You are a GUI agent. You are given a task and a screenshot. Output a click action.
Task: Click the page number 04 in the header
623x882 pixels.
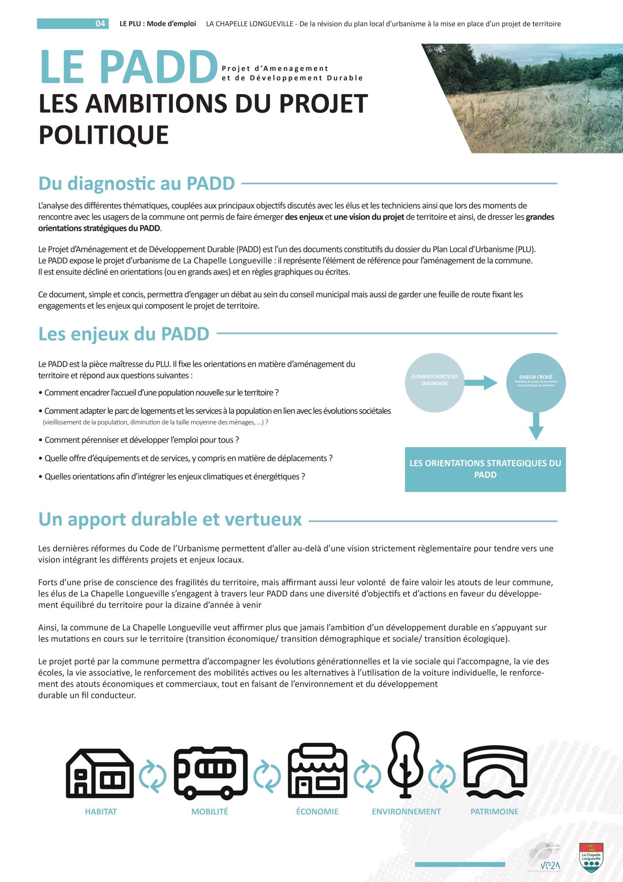(x=100, y=24)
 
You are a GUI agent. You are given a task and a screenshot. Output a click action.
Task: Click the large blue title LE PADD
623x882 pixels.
(x=129, y=67)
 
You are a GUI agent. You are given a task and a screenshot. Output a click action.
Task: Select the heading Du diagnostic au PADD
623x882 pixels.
(x=137, y=184)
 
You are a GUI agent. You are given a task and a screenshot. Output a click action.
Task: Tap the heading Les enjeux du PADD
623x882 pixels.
(x=124, y=334)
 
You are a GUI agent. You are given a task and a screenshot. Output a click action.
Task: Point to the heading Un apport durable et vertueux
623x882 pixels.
(x=170, y=519)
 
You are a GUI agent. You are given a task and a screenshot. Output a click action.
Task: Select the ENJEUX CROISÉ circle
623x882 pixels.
(x=536, y=383)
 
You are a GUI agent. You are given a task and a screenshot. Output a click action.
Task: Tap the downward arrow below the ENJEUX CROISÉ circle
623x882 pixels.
(x=536, y=427)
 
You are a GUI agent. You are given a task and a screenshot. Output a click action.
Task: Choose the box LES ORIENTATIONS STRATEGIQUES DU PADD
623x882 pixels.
(x=485, y=469)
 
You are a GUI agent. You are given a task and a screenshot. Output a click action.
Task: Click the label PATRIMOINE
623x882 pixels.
(x=494, y=812)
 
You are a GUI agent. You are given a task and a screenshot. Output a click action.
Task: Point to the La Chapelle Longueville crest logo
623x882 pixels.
(x=591, y=858)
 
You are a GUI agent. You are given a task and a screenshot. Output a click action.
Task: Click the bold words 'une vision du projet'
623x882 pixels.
(x=369, y=217)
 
